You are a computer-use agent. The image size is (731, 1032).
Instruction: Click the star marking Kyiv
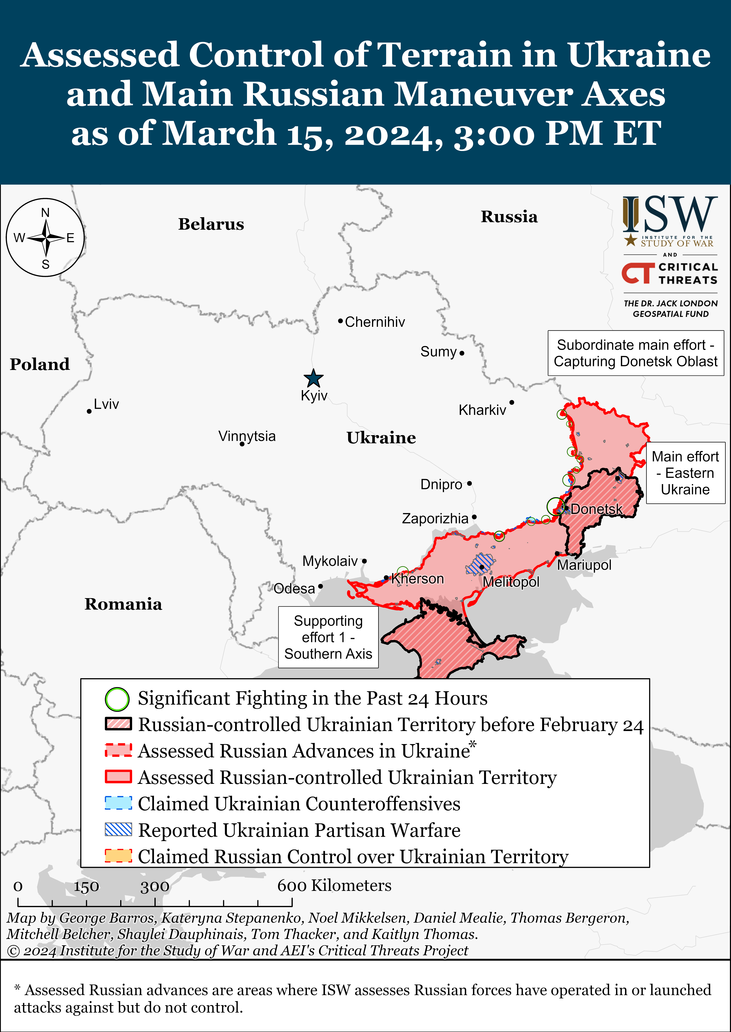[x=313, y=379]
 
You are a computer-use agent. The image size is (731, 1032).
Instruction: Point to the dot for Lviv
[x=89, y=411]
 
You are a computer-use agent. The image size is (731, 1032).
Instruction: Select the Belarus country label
[x=211, y=224]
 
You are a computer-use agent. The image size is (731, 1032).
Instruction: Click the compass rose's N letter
[x=45, y=212]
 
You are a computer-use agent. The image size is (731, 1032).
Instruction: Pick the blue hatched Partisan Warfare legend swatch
[x=118, y=830]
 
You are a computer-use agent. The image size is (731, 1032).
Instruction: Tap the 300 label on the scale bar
[x=155, y=887]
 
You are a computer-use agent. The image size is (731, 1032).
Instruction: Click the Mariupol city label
[x=584, y=565]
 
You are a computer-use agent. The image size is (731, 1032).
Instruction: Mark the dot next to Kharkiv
[x=512, y=402]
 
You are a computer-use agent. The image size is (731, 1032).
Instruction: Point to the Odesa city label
[x=294, y=589]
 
